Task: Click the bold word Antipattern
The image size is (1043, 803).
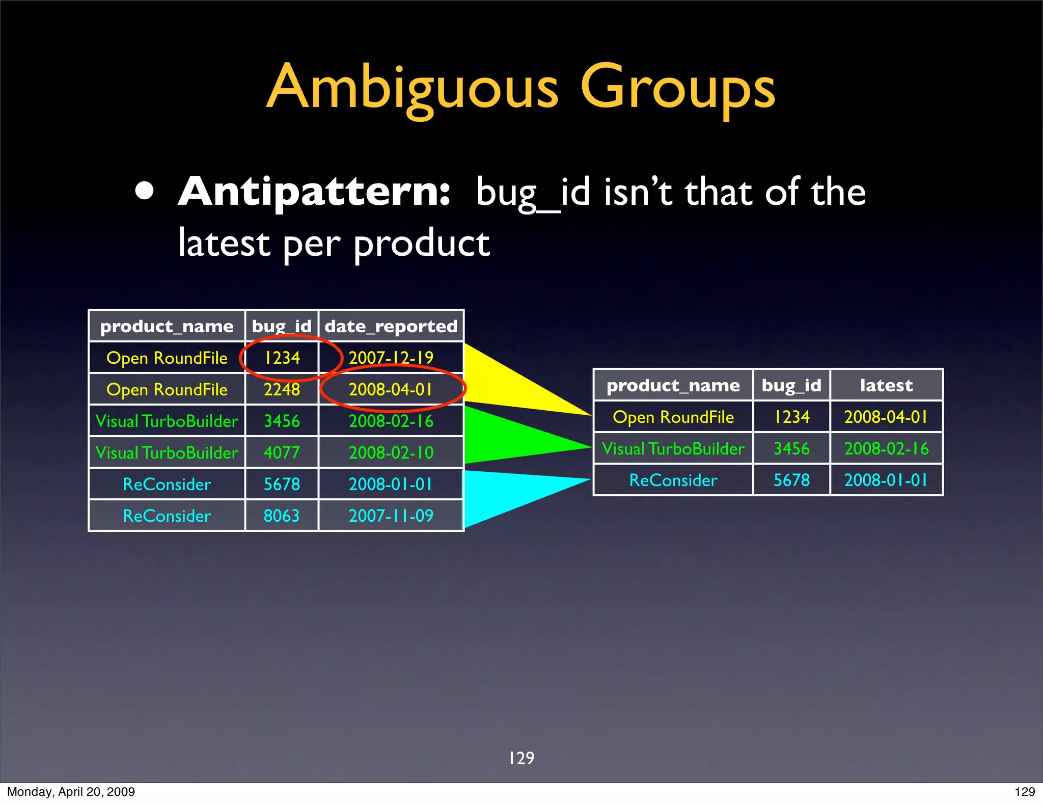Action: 314,192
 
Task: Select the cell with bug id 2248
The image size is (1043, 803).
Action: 282,390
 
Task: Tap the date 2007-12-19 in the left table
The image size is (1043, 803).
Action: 391,358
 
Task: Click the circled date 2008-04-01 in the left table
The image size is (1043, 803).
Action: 391,390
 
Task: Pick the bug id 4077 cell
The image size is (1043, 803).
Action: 282,452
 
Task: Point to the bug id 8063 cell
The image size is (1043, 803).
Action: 282,516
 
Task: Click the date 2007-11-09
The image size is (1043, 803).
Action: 391,516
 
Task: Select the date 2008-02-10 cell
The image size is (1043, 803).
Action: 391,452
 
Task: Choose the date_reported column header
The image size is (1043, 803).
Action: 391,326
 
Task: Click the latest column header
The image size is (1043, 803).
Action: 886,385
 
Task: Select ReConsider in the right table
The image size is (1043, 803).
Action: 673,480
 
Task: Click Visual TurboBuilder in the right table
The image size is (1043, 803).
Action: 673,448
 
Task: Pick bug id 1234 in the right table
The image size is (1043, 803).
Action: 791,417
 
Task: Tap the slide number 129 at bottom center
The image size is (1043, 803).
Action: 521,758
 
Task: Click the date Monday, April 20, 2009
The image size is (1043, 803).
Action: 71,792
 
